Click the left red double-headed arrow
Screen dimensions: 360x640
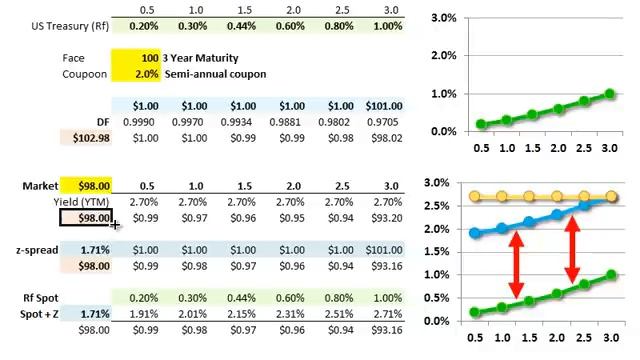[517, 265]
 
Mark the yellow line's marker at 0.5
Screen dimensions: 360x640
[480, 197]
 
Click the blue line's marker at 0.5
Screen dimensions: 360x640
[480, 233]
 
